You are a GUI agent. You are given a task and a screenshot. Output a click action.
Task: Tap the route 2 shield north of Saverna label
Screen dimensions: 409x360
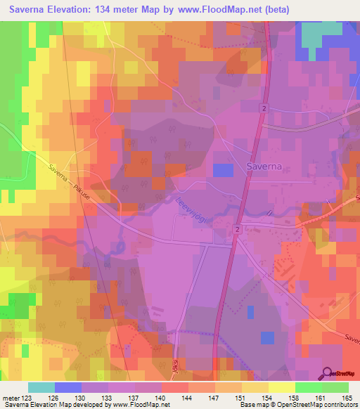[262, 108]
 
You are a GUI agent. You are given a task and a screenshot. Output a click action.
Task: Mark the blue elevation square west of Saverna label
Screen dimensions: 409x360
[223, 170]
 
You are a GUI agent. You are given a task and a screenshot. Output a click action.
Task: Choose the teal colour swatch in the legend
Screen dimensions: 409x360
[41, 387]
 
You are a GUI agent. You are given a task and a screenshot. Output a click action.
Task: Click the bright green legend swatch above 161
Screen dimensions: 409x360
[308, 387]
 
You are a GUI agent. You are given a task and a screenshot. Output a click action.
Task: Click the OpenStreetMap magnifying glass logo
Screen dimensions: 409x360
[328, 372]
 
